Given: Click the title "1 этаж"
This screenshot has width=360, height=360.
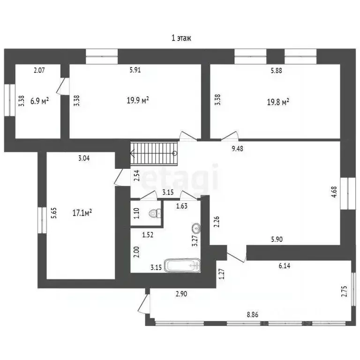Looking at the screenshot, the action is coord(181,38).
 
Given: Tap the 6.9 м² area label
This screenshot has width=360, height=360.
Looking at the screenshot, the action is coord(39,101).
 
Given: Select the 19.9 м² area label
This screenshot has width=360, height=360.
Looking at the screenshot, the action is coord(138,100).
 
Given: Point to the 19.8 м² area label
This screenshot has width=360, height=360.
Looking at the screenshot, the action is coord(278,102).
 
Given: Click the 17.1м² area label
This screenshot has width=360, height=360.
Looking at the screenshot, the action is coord(82,213).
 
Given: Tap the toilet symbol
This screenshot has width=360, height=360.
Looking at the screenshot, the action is coord(155,214).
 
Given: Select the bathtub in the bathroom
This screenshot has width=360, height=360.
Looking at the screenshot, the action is coord(182,265).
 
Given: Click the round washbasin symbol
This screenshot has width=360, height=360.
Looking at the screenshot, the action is coord(196,228).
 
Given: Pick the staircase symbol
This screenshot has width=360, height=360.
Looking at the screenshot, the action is coord(154,153).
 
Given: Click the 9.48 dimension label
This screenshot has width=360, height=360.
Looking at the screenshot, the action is coord(237,149).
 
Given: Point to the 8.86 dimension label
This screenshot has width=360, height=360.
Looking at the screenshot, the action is coord(253,315).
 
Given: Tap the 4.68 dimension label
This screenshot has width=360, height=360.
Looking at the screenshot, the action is coord(334,192).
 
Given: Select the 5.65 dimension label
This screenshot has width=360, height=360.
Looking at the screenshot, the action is coord(54,213).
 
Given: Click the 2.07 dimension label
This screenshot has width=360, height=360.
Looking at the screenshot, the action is coord(39,70).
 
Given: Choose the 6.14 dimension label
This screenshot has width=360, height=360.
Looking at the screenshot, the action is coord(285,266).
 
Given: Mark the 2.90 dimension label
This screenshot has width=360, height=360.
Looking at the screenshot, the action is coord(181,294).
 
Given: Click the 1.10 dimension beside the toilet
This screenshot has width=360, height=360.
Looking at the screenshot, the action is coord(136,213).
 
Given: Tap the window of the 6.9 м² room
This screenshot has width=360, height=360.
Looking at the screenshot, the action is coord(10,100).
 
